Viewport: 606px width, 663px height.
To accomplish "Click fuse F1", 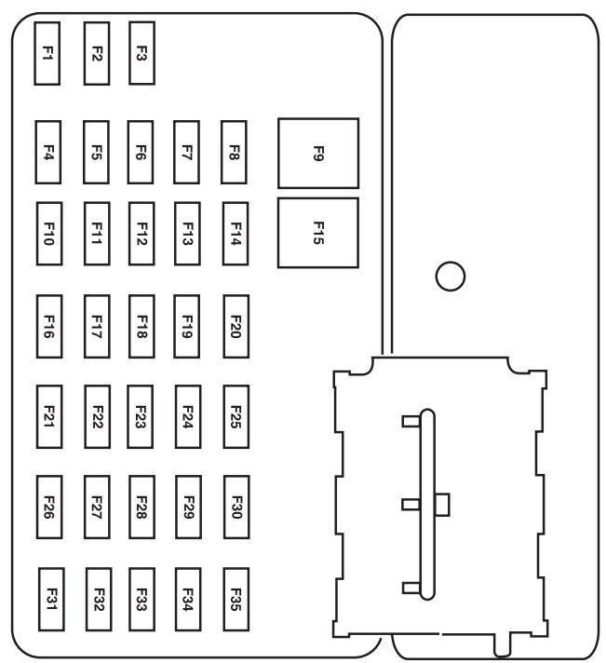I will coord(47,53).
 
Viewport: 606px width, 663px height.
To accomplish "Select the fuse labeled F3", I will coord(141,53).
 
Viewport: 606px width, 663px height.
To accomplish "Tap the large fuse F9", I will coord(317,154).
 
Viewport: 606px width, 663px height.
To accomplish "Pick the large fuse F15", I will coord(317,233).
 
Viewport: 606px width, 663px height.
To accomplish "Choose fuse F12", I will coord(141,229).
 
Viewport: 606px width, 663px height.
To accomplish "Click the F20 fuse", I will coord(236,326).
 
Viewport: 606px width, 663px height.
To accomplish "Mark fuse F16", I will coord(48,326).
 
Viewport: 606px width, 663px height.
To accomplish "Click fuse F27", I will coord(96,507).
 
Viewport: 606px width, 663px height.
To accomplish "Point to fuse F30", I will coord(236,507).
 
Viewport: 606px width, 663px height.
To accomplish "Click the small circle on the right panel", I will coord(450,276).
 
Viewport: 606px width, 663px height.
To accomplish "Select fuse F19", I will coord(187,326).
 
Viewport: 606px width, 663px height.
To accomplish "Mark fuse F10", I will coord(48,229).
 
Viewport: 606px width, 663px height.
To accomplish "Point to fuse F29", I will coord(188,507).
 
